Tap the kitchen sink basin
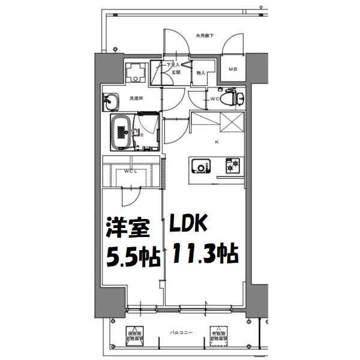click(x=200, y=166)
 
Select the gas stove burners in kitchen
click(x=232, y=166)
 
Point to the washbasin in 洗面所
click(x=112, y=101)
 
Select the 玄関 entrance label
click(x=175, y=72)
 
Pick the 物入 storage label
click(x=202, y=73)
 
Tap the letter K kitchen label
click(x=217, y=142)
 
